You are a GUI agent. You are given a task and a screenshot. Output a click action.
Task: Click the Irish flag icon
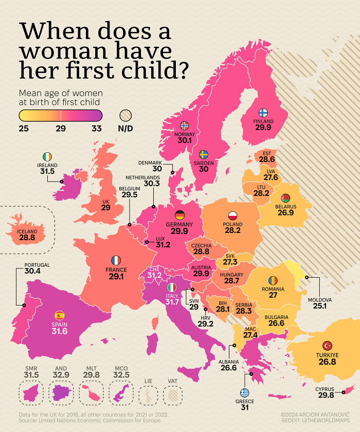tap(47, 156)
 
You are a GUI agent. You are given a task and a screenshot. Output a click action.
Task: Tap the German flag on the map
tap(179, 215)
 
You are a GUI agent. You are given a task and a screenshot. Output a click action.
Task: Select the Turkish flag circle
tap(327, 346)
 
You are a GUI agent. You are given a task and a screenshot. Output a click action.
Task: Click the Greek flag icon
tap(245, 393)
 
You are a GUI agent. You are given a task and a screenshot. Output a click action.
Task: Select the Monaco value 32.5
tap(121, 375)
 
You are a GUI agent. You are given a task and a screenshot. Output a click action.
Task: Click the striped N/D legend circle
tap(126, 116)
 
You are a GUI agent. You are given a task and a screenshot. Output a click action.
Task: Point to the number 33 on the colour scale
tap(97, 129)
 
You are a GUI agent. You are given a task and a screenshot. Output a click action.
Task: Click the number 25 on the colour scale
tap(24, 129)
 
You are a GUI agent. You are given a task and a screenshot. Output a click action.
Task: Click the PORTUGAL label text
tap(37, 265)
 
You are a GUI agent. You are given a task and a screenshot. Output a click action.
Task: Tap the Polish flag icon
tap(232, 216)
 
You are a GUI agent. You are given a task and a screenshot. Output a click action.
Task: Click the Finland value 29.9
tap(263, 128)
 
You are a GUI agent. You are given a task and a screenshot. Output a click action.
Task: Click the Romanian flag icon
tap(273, 281)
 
